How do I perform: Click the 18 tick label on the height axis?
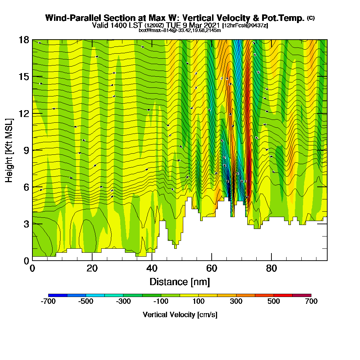pos(24,40)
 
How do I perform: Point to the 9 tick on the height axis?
pos(32,150)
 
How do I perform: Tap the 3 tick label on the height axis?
pos(26,224)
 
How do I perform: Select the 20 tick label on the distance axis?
pos(92,269)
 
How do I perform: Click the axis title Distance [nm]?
pos(180,282)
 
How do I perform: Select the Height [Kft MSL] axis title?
pos(9,150)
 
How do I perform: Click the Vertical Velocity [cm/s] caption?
pos(180,315)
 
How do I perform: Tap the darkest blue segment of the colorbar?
pos(58,295)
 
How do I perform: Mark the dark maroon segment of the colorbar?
pos(302,295)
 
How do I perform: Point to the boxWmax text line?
pos(180,30)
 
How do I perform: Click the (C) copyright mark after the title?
pos(311,18)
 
